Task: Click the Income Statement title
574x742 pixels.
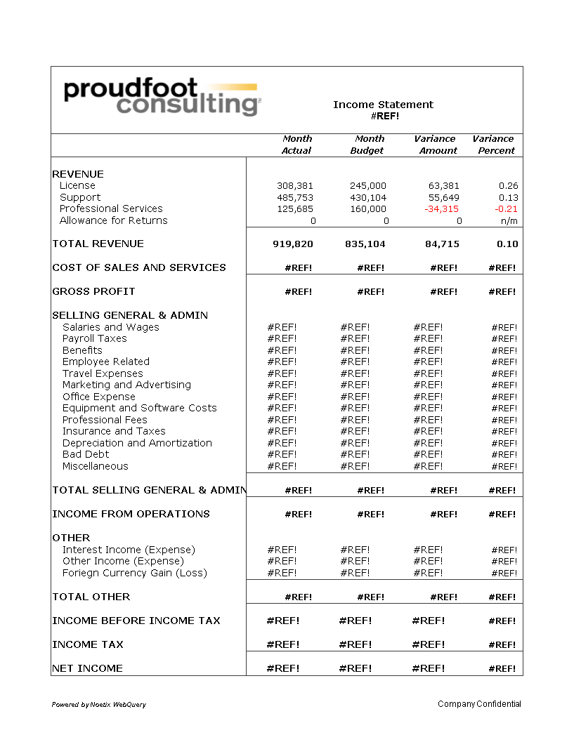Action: coord(383,105)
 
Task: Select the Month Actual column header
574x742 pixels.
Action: coord(296,145)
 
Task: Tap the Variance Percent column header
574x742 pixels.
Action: coord(493,145)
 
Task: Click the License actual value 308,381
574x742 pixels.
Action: coord(295,186)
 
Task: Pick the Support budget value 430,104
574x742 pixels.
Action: coord(368,198)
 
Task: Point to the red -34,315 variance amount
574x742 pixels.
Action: coord(442,209)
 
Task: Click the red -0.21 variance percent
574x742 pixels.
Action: coord(506,209)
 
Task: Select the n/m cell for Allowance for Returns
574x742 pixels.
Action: coord(509,220)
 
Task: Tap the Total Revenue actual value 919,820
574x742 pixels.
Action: coord(293,244)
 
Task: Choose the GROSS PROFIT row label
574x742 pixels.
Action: coord(93,291)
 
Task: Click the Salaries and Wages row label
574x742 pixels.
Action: coord(111,327)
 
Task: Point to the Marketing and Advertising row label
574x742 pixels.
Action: coord(126,385)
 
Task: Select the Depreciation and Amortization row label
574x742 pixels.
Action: coord(137,443)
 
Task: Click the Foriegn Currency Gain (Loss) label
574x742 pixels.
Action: coord(135,573)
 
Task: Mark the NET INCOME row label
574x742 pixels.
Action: coord(87,668)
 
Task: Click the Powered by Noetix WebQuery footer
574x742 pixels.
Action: coord(99,704)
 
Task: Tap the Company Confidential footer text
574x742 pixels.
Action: coord(479,704)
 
